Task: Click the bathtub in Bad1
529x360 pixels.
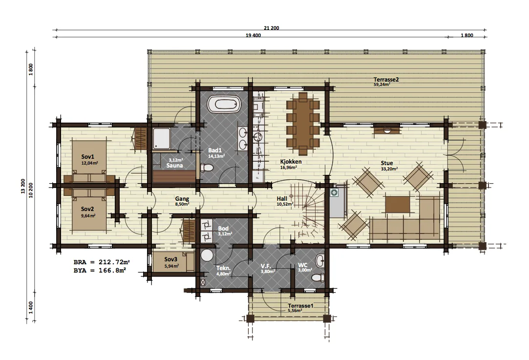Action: tap(224, 104)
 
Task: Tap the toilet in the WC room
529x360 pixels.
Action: tap(317, 277)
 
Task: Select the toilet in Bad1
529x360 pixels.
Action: tap(206, 168)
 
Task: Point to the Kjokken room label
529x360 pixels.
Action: tap(291, 162)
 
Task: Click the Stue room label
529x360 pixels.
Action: tap(387, 163)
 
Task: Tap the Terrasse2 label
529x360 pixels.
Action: tap(386, 80)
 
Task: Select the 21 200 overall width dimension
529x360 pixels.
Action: tap(271, 28)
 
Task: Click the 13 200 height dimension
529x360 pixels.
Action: tap(23, 186)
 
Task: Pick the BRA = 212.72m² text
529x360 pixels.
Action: tap(102, 262)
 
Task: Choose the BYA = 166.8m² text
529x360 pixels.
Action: tap(100, 270)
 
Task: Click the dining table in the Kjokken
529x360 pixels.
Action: tap(303, 124)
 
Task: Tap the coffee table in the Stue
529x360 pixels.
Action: tap(398, 205)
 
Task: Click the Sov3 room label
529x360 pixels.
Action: tap(170, 259)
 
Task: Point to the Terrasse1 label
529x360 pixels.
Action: tap(300, 306)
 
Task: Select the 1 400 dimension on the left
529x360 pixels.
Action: tap(31, 307)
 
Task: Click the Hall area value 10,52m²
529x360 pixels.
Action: tap(285, 204)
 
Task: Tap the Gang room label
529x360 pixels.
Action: tap(182, 199)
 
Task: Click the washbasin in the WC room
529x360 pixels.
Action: tap(320, 260)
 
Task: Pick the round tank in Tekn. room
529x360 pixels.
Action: tap(207, 255)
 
